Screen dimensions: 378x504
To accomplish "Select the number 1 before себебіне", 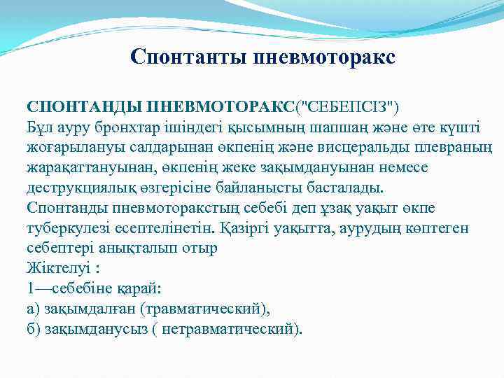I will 30,289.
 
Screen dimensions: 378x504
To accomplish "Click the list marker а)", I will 33,309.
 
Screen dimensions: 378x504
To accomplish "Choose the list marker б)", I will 33,329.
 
